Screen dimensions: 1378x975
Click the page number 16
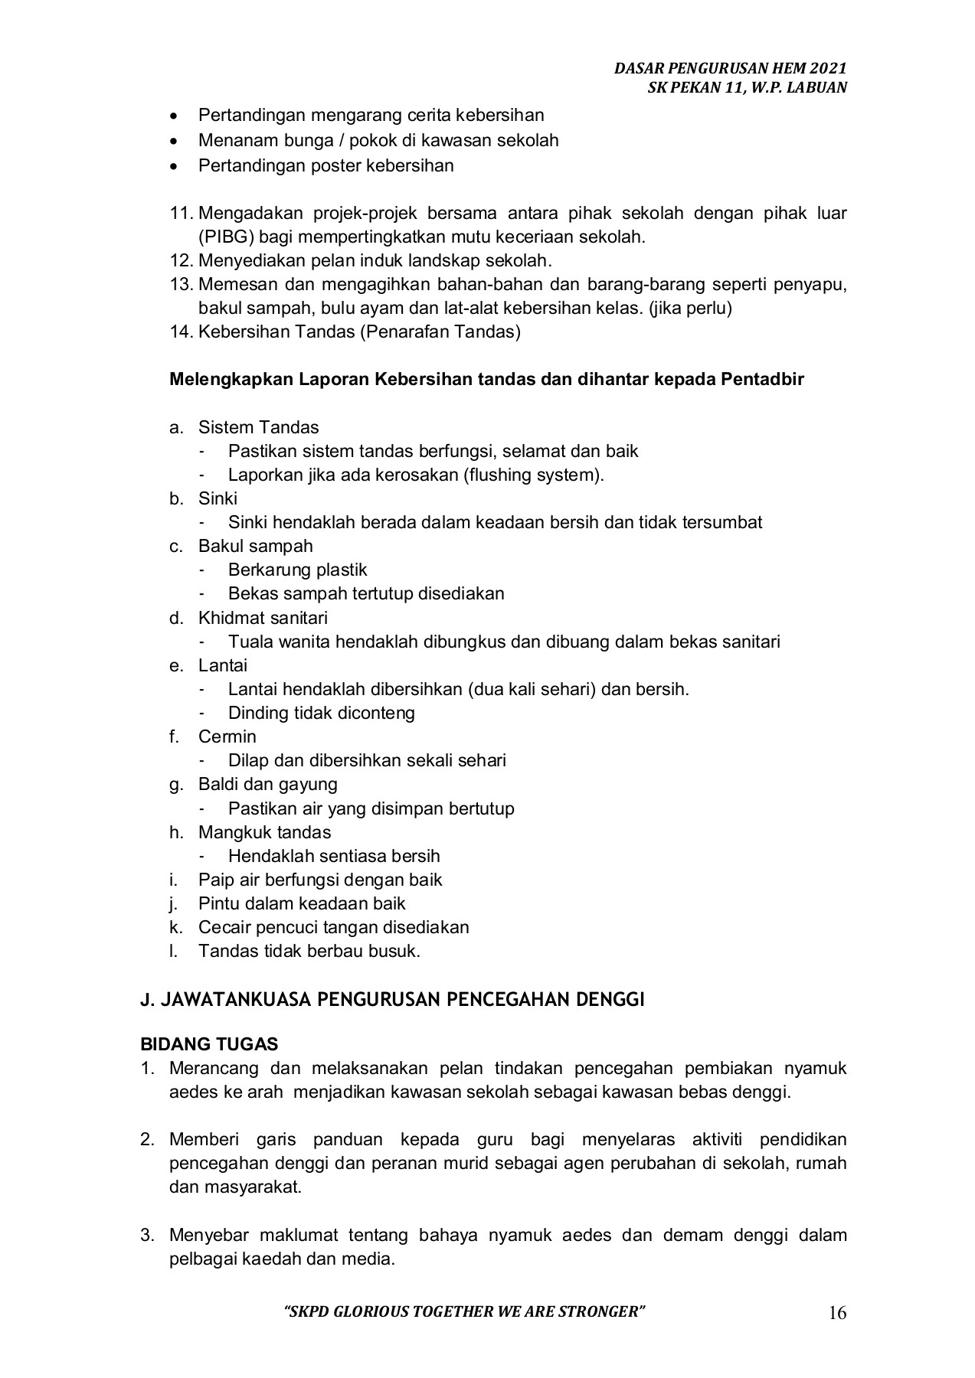point(837,1314)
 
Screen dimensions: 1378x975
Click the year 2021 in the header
point(831,68)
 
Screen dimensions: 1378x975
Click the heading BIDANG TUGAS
point(209,1044)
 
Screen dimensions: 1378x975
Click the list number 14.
point(180,331)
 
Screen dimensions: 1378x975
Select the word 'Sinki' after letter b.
point(218,498)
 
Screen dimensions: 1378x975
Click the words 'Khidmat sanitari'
point(263,618)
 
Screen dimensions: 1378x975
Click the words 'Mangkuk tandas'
point(264,832)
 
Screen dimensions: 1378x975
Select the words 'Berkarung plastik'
point(297,570)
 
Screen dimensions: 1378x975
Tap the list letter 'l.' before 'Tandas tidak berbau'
point(174,951)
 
